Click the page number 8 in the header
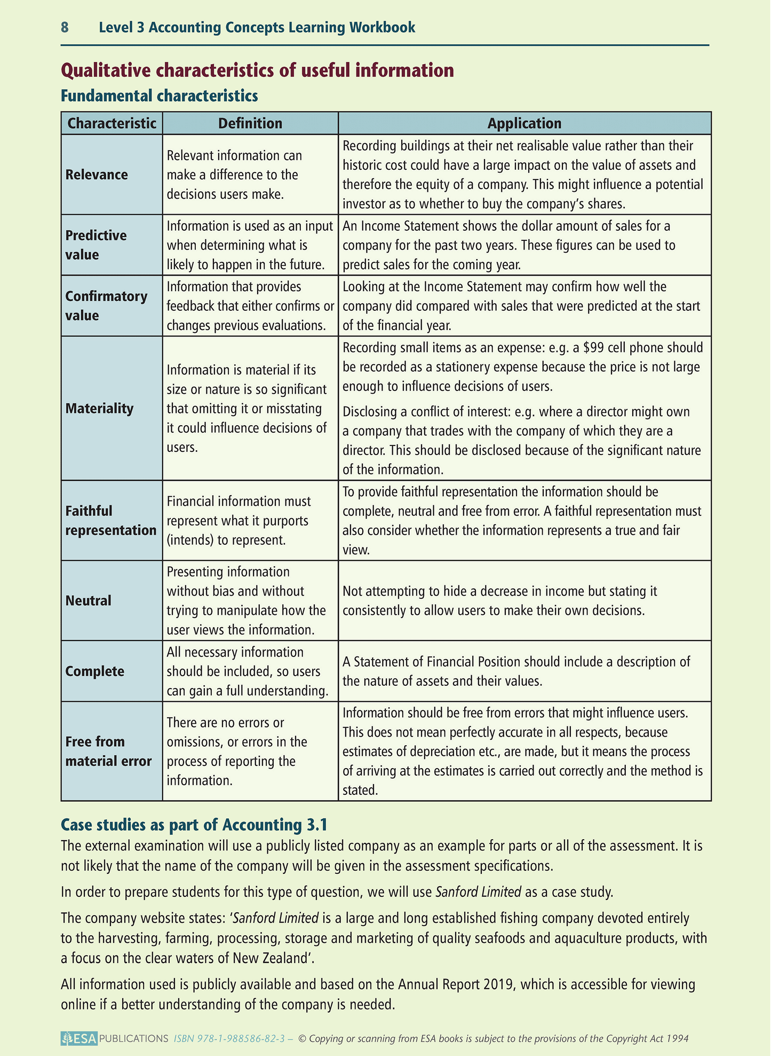click(x=65, y=27)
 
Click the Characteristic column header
click(x=112, y=123)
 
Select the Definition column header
click(x=250, y=123)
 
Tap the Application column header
click(x=524, y=123)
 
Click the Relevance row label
click(x=97, y=175)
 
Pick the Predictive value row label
click(x=96, y=245)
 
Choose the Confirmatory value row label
click(x=106, y=306)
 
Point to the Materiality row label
click(x=99, y=409)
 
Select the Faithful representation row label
click(x=110, y=521)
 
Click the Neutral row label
click(x=89, y=601)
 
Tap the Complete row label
click(x=94, y=671)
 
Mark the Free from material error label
click(x=108, y=752)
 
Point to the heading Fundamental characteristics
click(x=160, y=96)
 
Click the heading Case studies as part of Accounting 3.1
click(x=194, y=825)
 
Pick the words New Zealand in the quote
click(x=272, y=958)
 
